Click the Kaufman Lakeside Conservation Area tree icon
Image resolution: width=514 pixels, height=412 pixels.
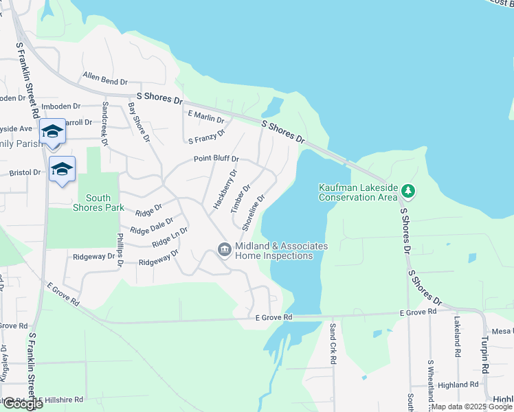407,190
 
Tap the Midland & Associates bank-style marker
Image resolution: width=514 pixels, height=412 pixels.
224,250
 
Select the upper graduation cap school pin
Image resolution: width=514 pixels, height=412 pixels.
52,131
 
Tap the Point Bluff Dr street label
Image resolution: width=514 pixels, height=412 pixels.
216,159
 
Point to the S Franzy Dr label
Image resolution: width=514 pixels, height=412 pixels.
207,137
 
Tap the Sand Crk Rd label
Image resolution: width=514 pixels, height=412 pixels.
333,344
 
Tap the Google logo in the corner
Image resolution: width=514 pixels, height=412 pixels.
22,404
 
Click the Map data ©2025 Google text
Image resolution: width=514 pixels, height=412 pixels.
472,407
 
